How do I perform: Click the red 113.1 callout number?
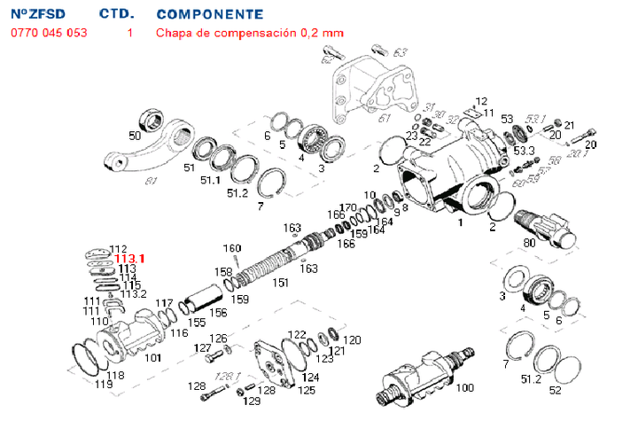click(129, 259)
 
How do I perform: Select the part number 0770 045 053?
click(49, 33)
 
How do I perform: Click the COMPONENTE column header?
click(209, 14)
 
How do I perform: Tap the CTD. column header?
click(116, 14)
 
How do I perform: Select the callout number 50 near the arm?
click(135, 136)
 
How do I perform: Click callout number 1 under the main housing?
click(460, 223)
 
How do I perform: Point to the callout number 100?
click(464, 387)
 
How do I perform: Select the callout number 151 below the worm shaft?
click(280, 283)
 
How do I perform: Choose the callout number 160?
click(231, 247)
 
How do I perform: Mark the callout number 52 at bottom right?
click(556, 390)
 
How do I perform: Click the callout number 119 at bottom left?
click(104, 385)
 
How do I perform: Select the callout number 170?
click(347, 207)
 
